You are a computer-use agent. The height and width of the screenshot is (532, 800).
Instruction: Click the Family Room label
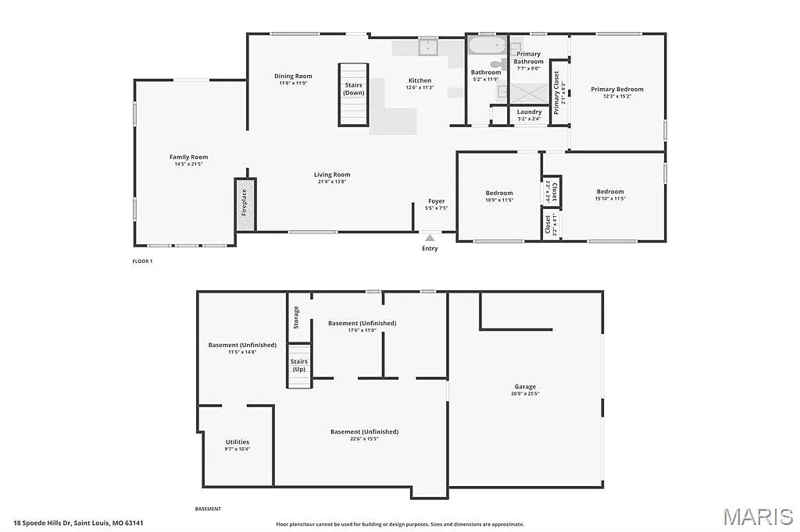pyautogui.click(x=188, y=157)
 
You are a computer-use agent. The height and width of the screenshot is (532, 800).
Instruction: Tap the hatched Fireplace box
pyautogui.click(x=245, y=204)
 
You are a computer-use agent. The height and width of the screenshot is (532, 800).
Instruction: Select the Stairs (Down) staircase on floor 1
pyautogui.click(x=353, y=94)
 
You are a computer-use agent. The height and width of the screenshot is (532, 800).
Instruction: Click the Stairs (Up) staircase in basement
pyautogui.click(x=298, y=365)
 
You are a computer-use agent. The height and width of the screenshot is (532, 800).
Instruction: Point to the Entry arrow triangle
pyautogui.click(x=430, y=237)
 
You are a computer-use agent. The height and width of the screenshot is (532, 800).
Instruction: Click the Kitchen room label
pyautogui.click(x=420, y=80)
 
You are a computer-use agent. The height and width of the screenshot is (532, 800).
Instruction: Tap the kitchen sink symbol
pyautogui.click(x=428, y=48)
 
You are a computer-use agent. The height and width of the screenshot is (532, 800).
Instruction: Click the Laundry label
pyautogui.click(x=529, y=112)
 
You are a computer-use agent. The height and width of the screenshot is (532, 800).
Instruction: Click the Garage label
pyautogui.click(x=525, y=386)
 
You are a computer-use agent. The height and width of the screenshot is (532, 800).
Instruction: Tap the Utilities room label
pyautogui.click(x=237, y=442)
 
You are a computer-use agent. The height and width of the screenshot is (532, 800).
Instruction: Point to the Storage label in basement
pyautogui.click(x=296, y=317)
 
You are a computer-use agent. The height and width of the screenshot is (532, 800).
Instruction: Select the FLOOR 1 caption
pyautogui.click(x=142, y=261)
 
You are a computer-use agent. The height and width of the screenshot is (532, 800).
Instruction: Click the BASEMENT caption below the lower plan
pyautogui.click(x=208, y=509)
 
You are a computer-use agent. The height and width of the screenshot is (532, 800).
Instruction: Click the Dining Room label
pyautogui.click(x=293, y=76)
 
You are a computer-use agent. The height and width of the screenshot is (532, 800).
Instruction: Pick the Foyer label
pyautogui.click(x=436, y=201)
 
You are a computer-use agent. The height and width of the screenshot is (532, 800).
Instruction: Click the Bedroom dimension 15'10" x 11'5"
pyautogui.click(x=610, y=198)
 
